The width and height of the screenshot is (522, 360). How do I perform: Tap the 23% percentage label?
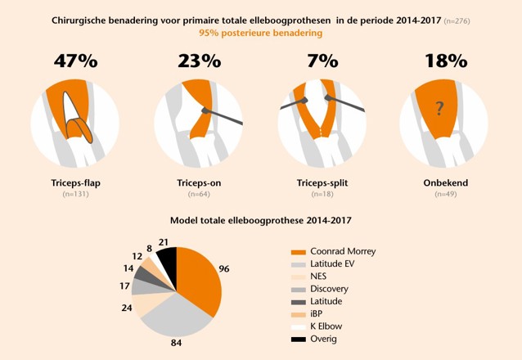199,61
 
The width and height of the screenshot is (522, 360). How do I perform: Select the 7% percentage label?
323,61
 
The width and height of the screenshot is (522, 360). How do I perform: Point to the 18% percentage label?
446,61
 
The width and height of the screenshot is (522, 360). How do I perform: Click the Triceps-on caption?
199,183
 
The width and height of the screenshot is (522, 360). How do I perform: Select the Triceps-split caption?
323,183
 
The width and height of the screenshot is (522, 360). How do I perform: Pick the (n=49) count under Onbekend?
446,194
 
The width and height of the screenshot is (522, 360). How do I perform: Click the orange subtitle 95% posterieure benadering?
260,33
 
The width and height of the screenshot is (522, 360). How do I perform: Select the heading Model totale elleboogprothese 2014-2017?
260,220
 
